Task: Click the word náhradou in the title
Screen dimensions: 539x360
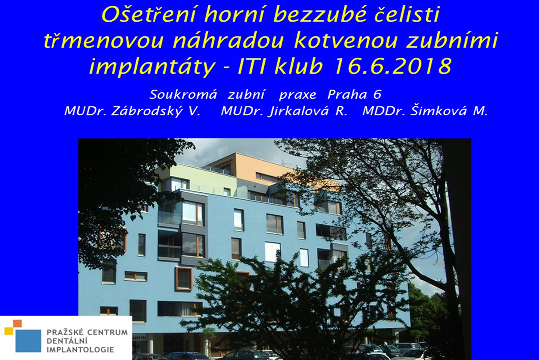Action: (228, 41)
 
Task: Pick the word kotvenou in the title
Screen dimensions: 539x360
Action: (345, 41)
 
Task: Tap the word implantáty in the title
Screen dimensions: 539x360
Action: (152, 67)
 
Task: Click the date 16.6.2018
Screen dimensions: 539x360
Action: (392, 66)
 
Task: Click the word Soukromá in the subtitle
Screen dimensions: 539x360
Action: (183, 95)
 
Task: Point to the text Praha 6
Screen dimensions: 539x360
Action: (354, 95)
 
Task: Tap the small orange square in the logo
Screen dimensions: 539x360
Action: (17, 324)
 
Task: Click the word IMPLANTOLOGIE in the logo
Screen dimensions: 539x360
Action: (80, 350)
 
